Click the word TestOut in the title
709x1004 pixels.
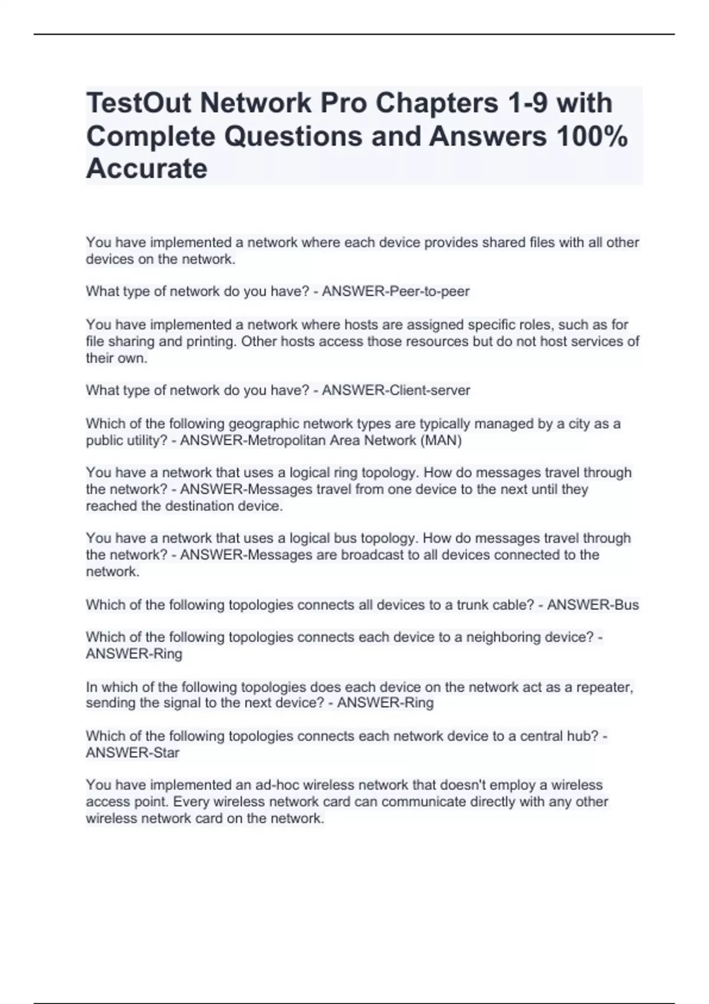pyautogui.click(x=139, y=103)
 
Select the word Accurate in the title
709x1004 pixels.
pyautogui.click(x=147, y=169)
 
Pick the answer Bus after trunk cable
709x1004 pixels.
pyautogui.click(x=626, y=605)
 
